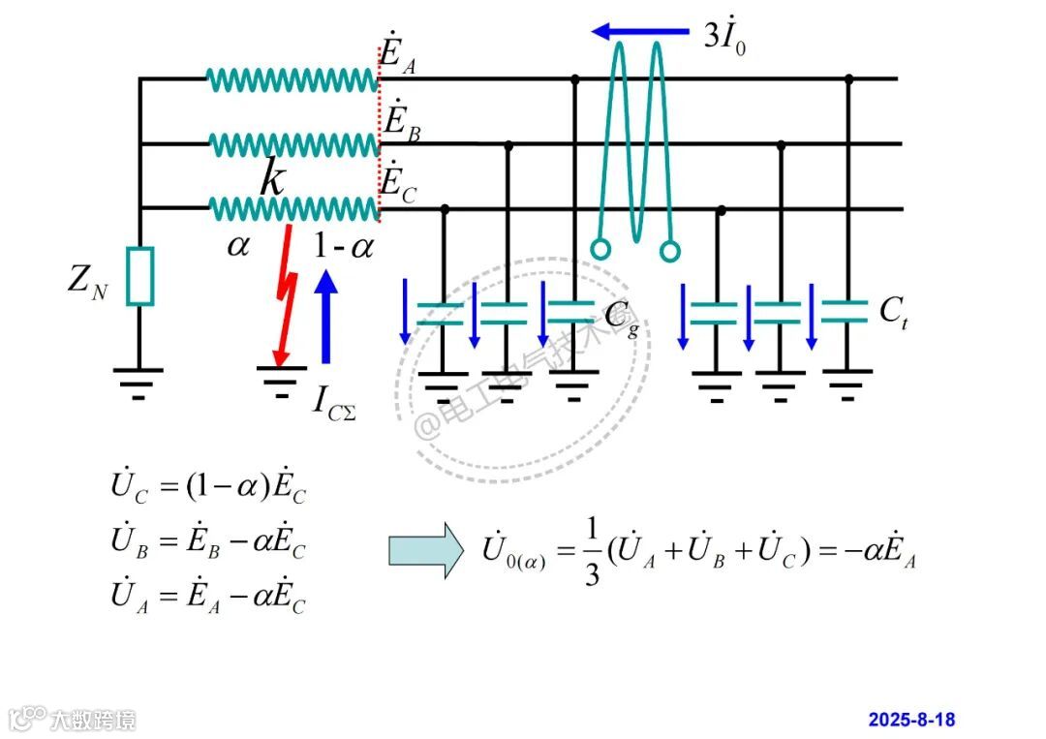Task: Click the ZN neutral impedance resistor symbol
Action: point(139,276)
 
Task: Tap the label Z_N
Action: point(88,280)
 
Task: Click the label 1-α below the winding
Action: point(343,246)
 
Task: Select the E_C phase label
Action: point(399,183)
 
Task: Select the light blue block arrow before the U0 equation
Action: point(426,549)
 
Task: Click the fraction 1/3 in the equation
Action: point(593,551)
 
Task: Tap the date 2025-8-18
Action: point(911,720)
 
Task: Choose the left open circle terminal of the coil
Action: point(600,250)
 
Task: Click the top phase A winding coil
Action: point(292,79)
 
